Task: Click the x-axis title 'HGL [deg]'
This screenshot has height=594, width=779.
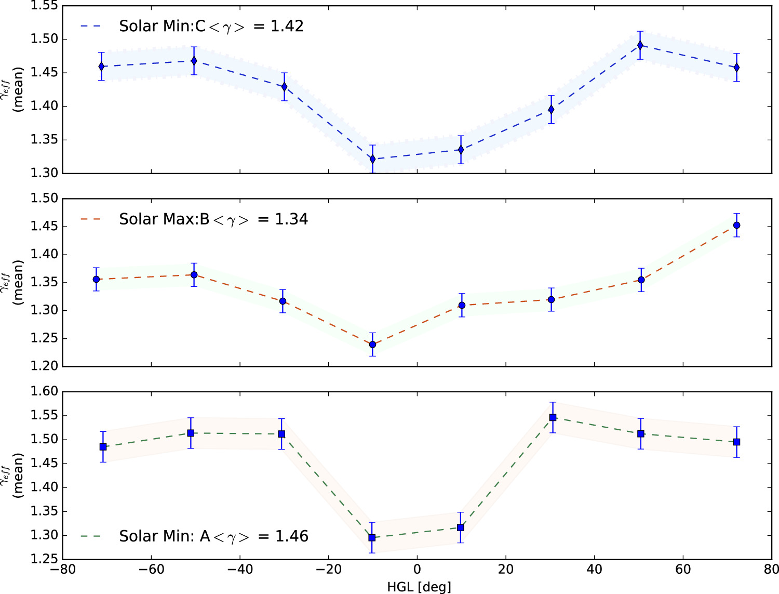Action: [x=419, y=587]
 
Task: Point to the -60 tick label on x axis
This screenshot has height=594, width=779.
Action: [x=151, y=570]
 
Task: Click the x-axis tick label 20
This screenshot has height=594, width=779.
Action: [x=505, y=570]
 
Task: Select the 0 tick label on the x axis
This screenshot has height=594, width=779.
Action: [x=417, y=570]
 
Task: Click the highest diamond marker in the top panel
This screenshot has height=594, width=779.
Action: [x=640, y=45]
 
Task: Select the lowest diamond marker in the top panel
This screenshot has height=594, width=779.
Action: [x=372, y=159]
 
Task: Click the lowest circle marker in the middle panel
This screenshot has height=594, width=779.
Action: [x=372, y=345]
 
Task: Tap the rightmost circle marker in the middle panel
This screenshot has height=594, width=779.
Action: [x=736, y=226]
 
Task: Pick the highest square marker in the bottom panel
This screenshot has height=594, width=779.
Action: [x=553, y=417]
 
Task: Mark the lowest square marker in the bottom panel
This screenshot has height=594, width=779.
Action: [x=372, y=537]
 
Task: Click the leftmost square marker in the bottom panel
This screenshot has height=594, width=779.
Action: [x=103, y=447]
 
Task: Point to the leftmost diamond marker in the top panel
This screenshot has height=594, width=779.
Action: [x=101, y=67]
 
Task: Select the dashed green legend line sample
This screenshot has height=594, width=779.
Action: [x=91, y=536]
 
